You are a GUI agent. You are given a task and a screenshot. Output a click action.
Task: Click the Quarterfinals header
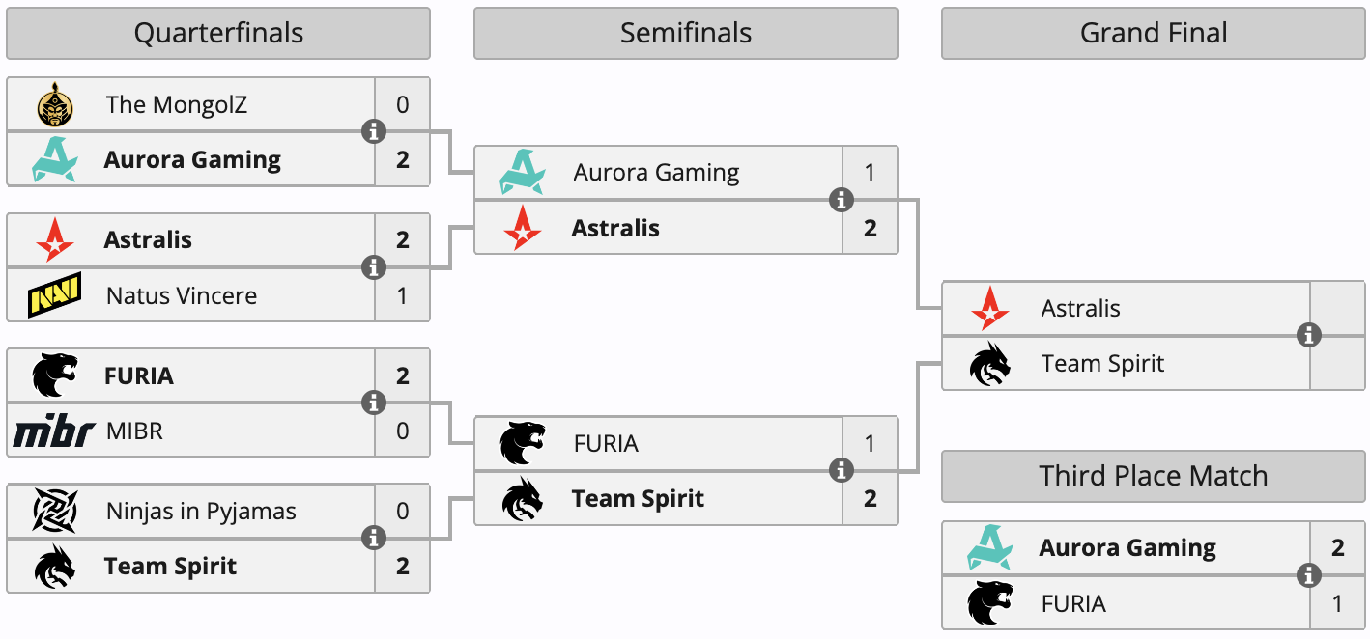218,33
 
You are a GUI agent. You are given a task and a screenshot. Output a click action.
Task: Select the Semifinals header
686,33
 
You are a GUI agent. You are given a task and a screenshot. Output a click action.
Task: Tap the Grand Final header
1153,33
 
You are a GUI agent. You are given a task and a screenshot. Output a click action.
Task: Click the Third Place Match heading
1153,476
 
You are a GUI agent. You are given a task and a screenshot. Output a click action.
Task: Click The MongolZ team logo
55,104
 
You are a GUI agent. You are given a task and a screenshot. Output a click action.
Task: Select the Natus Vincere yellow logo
54,295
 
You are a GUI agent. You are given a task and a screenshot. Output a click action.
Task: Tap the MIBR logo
54,431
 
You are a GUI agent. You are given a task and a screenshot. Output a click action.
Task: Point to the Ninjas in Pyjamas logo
55,511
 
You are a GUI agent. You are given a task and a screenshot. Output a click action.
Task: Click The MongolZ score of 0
402,104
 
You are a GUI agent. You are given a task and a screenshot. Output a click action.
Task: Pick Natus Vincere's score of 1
402,295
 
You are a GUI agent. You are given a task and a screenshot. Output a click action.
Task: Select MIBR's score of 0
402,431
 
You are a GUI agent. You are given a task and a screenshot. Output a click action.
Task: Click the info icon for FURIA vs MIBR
374,403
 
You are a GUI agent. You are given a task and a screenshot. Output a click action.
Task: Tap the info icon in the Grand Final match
1309,335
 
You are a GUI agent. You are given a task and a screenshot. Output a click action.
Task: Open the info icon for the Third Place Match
1309,575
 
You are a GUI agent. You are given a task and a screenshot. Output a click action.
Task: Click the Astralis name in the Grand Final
1081,309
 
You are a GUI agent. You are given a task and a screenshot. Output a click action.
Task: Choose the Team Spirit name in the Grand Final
1102,364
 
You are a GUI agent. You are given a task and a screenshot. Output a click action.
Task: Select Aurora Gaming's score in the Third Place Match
1337,548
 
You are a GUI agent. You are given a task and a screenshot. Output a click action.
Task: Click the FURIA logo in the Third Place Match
990,603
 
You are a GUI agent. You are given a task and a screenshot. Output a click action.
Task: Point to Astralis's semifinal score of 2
870,229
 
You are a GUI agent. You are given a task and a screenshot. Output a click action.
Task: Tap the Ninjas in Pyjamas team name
201,512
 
